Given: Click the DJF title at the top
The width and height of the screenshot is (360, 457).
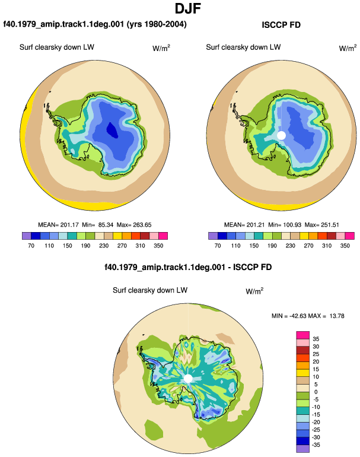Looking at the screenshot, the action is pos(188,8).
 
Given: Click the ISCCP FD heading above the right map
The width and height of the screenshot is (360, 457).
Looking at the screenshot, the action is pos(281,25).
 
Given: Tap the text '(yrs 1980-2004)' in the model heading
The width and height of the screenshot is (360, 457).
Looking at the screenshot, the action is pos(157,24).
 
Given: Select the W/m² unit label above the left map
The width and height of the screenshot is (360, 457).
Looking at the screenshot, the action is pos(161,48).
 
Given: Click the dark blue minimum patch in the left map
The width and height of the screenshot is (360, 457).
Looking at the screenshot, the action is pos(113,130).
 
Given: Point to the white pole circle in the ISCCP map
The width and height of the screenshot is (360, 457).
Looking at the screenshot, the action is pos(281,135).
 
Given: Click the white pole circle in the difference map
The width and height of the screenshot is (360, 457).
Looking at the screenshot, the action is pos(188,379).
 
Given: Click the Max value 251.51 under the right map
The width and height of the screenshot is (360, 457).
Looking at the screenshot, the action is pos(330,225).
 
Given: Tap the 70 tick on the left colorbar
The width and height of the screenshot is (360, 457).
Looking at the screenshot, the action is pos(31,246).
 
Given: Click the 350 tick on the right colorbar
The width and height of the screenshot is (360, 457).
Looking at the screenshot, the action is pos(345,246).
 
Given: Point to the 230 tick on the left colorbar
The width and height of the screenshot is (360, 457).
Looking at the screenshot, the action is pos(104,246).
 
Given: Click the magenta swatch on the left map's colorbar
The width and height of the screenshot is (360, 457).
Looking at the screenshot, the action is pos(163,236).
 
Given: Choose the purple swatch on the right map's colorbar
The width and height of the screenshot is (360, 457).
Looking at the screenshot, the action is pos(213,236).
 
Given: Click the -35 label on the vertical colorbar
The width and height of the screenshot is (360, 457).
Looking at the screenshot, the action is pos(316,445).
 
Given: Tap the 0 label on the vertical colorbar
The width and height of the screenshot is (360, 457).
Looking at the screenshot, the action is pos(316,392).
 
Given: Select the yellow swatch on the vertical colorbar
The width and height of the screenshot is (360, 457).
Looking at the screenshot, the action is pos(303,373).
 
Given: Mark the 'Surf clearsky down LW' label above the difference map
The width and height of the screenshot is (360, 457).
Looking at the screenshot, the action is pos(150,290).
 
